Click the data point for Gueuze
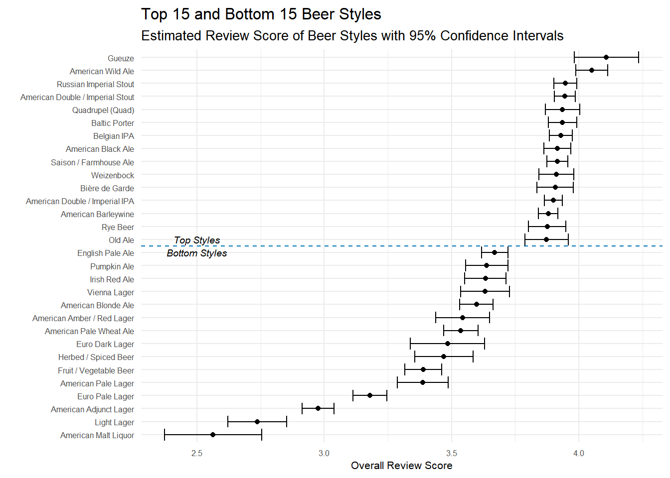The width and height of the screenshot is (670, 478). click(606, 57)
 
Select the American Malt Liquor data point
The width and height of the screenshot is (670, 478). click(213, 435)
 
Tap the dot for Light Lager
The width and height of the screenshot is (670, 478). click(257, 422)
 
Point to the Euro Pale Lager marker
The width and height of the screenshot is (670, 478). click(370, 395)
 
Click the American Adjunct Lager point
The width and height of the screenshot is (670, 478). click(318, 408)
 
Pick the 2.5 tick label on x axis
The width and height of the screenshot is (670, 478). click(197, 453)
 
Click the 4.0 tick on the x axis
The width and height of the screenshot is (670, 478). click(579, 453)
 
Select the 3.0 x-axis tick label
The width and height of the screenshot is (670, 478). click(324, 453)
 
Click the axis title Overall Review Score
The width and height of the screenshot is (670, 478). click(401, 466)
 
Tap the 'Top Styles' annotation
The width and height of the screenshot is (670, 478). click(197, 240)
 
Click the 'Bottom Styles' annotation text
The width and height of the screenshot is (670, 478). click(197, 253)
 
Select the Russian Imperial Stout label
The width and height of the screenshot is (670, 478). click(95, 85)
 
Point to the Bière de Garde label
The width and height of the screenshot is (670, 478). click(107, 189)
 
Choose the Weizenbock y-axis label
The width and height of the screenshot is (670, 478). click(113, 176)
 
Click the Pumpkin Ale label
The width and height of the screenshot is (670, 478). click(112, 267)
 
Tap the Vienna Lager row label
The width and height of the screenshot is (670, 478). click(111, 293)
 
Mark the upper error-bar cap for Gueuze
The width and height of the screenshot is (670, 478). click(639, 57)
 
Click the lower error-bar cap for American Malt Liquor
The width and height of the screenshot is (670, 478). click(165, 435)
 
